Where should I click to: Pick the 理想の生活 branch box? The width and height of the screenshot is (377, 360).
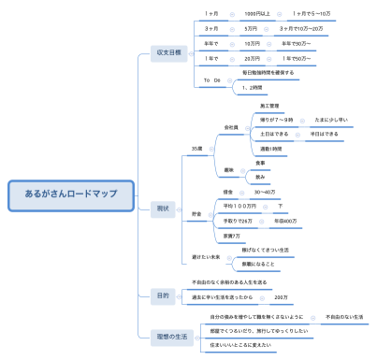click(x=163, y=334)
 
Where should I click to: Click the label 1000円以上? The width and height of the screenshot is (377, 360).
click(x=256, y=13)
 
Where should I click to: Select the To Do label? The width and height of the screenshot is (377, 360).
click(x=212, y=80)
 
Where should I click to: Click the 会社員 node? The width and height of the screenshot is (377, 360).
click(x=231, y=126)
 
